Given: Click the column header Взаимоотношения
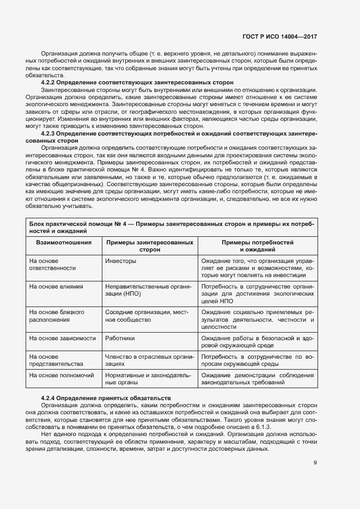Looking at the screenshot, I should [64, 242].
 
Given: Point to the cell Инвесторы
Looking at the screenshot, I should [120, 261].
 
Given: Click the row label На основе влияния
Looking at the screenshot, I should [56, 286].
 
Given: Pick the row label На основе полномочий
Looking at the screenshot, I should [62, 376].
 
